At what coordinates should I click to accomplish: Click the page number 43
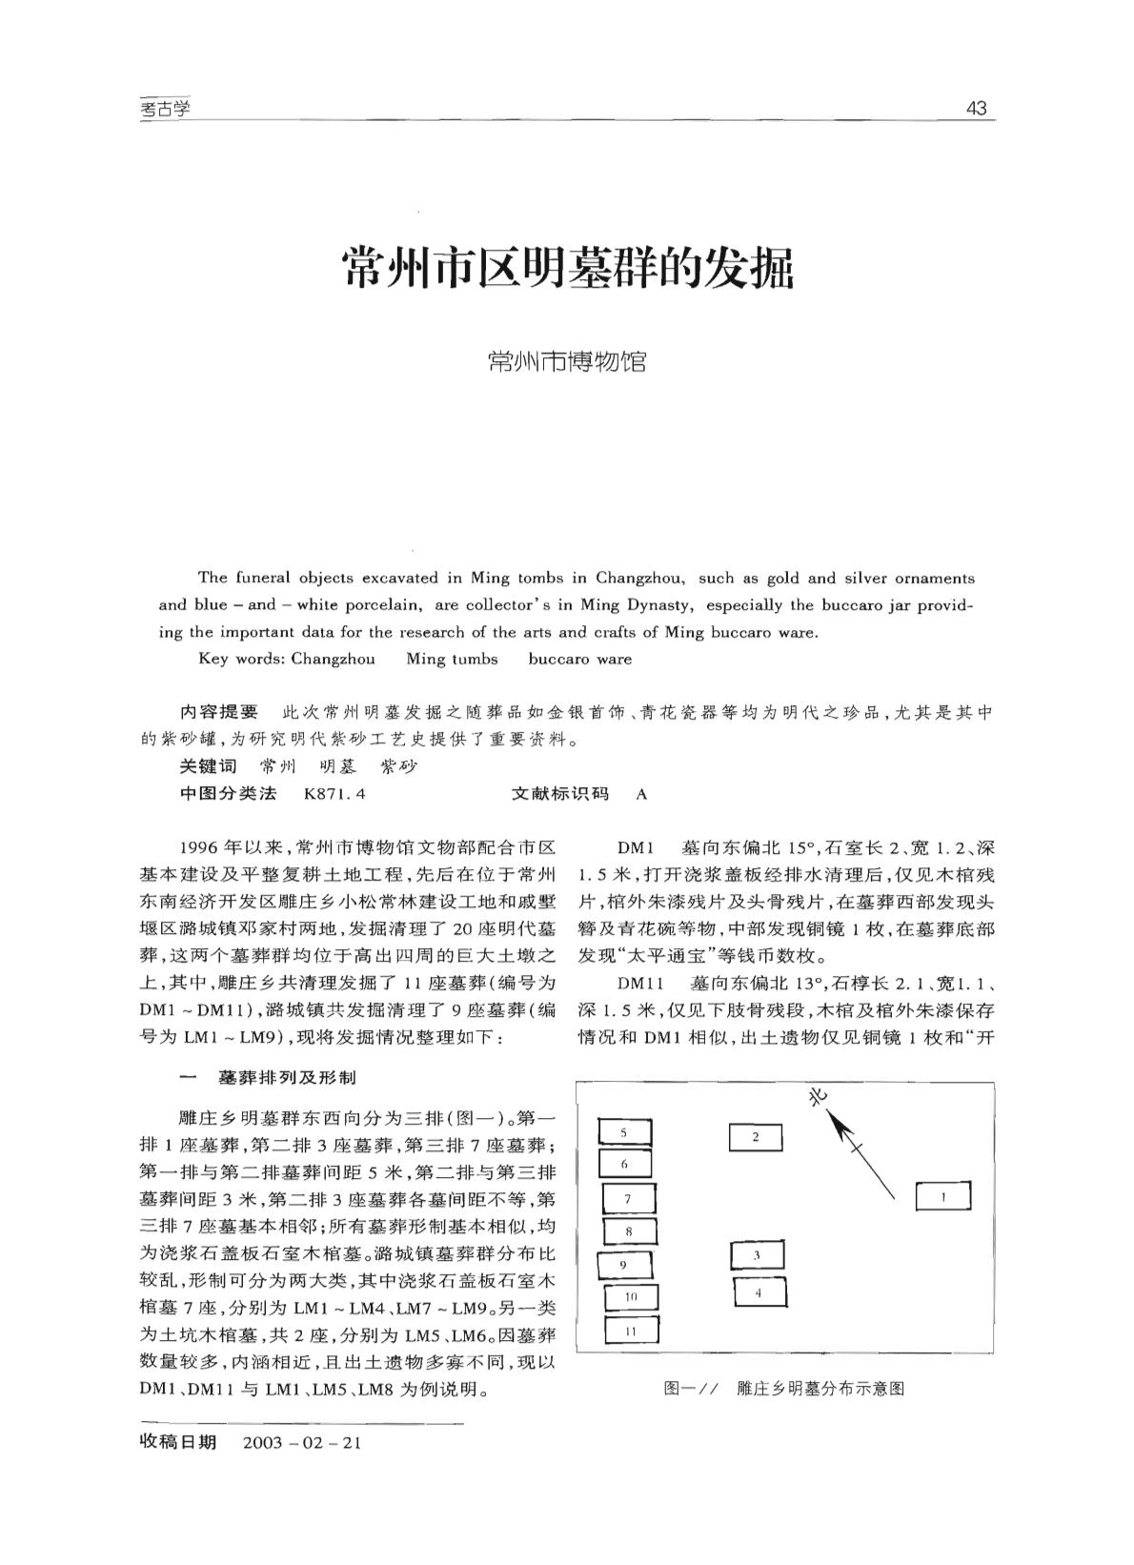coord(976,108)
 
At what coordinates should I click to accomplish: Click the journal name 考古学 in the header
coord(165,109)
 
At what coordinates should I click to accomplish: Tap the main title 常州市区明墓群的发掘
coord(567,269)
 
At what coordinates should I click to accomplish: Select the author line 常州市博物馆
coord(566,361)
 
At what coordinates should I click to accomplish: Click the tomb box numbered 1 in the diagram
coord(942,1196)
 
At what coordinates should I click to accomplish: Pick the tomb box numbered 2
coord(755,1137)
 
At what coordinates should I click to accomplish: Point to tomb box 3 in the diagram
coord(757,1255)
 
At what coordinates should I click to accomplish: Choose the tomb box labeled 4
coord(759,1292)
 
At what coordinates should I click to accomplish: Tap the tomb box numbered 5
coord(624,1132)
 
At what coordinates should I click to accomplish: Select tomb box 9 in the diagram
coord(624,1265)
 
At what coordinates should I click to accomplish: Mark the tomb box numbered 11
coord(630,1331)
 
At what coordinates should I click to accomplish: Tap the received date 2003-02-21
coord(302,1442)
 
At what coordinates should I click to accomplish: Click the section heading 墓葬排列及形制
coord(287,1077)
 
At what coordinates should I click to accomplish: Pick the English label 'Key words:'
coord(240,659)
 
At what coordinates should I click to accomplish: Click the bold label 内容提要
coord(219,712)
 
